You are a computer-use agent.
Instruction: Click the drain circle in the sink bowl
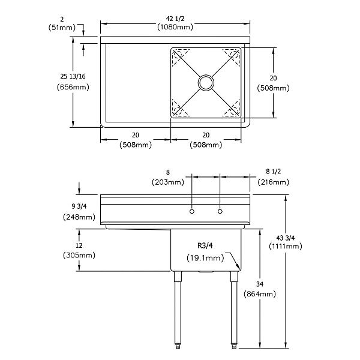coord(206,82)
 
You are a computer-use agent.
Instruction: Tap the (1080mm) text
coord(175,27)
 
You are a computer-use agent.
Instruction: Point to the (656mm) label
coord(76,87)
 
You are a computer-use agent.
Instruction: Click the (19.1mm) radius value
coord(205,258)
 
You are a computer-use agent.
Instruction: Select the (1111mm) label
coord(286,246)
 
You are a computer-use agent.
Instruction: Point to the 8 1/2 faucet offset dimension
coord(273,171)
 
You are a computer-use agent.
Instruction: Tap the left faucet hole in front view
coord(191,211)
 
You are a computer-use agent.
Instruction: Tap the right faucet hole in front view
coord(220,211)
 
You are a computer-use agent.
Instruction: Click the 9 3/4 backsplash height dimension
coord(78,206)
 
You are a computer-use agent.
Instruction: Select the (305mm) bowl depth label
coord(79,255)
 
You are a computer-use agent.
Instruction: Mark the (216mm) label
coord(273,182)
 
